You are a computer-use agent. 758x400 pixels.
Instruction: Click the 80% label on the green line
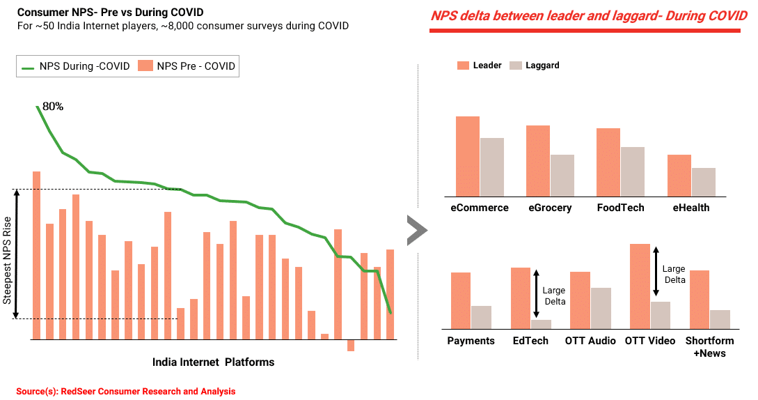click(53, 107)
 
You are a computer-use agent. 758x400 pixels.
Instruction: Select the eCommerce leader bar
click(468, 156)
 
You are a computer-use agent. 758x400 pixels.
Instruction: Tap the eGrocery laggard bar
click(562, 176)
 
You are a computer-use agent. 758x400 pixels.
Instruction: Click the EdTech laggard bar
click(541, 325)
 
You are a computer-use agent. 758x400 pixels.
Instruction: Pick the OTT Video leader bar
click(640, 286)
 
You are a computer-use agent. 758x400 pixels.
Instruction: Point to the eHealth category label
click(691, 208)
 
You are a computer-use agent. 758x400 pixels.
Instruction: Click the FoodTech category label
click(621, 208)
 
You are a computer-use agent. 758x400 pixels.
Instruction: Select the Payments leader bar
click(461, 301)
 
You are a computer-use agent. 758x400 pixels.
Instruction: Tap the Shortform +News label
click(710, 347)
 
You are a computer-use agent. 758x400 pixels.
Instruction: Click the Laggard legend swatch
click(516, 66)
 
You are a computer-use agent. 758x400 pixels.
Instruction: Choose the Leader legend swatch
click(463, 66)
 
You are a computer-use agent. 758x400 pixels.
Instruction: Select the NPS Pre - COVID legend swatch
click(145, 66)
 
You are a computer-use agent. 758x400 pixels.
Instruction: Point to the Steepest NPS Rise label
click(7, 261)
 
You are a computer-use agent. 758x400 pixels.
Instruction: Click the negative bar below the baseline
click(351, 345)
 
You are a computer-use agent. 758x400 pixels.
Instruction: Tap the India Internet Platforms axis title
click(213, 362)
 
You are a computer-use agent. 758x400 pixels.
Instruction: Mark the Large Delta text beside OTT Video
click(674, 274)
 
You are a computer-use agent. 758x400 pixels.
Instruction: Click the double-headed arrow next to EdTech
click(536, 293)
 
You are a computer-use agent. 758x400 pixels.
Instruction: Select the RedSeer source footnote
click(126, 391)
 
